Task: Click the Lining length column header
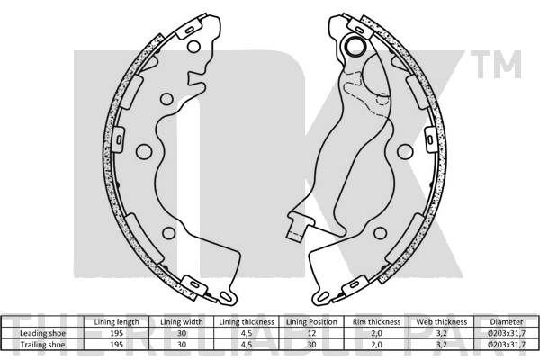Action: pyautogui.click(x=116, y=322)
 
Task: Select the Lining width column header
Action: pyautogui.click(x=182, y=322)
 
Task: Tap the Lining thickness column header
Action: pyautogui.click(x=247, y=322)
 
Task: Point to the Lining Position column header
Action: pyautogui.click(x=311, y=322)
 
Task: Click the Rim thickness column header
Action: pyautogui.click(x=376, y=322)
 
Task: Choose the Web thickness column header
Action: pyautogui.click(x=442, y=322)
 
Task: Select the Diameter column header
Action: pyautogui.click(x=507, y=322)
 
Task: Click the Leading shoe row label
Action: pyautogui.click(x=42, y=333)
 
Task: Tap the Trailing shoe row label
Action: pyautogui.click(x=42, y=345)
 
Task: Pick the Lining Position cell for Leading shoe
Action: pyautogui.click(x=311, y=333)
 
